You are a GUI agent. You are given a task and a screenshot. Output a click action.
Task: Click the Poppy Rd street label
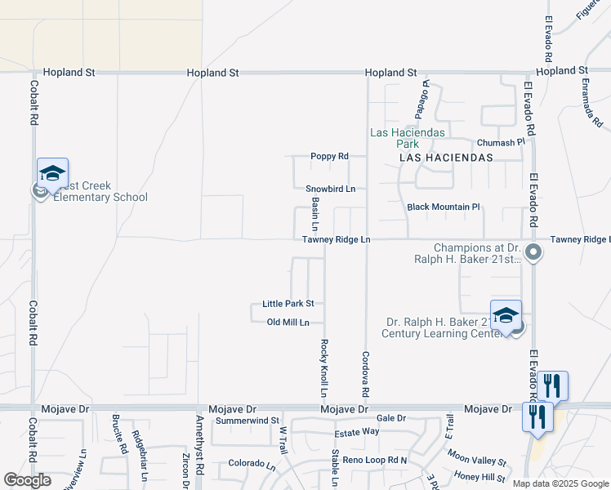click(329, 156)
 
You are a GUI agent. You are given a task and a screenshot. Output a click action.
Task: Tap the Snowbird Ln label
click(331, 189)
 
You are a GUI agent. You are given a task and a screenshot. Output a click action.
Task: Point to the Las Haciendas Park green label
click(408, 138)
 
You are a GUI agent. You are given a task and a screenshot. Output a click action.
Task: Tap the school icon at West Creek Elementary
click(52, 173)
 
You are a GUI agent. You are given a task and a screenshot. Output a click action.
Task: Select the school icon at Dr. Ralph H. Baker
click(506, 315)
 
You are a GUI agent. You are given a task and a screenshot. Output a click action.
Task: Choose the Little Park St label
click(288, 303)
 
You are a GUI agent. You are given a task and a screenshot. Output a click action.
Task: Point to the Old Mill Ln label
click(288, 322)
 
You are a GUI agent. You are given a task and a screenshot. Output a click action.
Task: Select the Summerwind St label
click(248, 421)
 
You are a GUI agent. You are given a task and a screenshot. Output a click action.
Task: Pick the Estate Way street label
click(360, 430)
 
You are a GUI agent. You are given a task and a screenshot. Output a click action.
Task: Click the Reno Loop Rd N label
click(375, 461)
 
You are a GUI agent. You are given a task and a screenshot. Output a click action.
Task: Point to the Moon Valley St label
click(477, 461)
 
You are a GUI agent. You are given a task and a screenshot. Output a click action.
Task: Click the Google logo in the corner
click(27, 480)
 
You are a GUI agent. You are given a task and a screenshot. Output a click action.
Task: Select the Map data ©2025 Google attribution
click(560, 483)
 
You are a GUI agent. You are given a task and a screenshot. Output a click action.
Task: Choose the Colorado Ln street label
click(252, 463)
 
